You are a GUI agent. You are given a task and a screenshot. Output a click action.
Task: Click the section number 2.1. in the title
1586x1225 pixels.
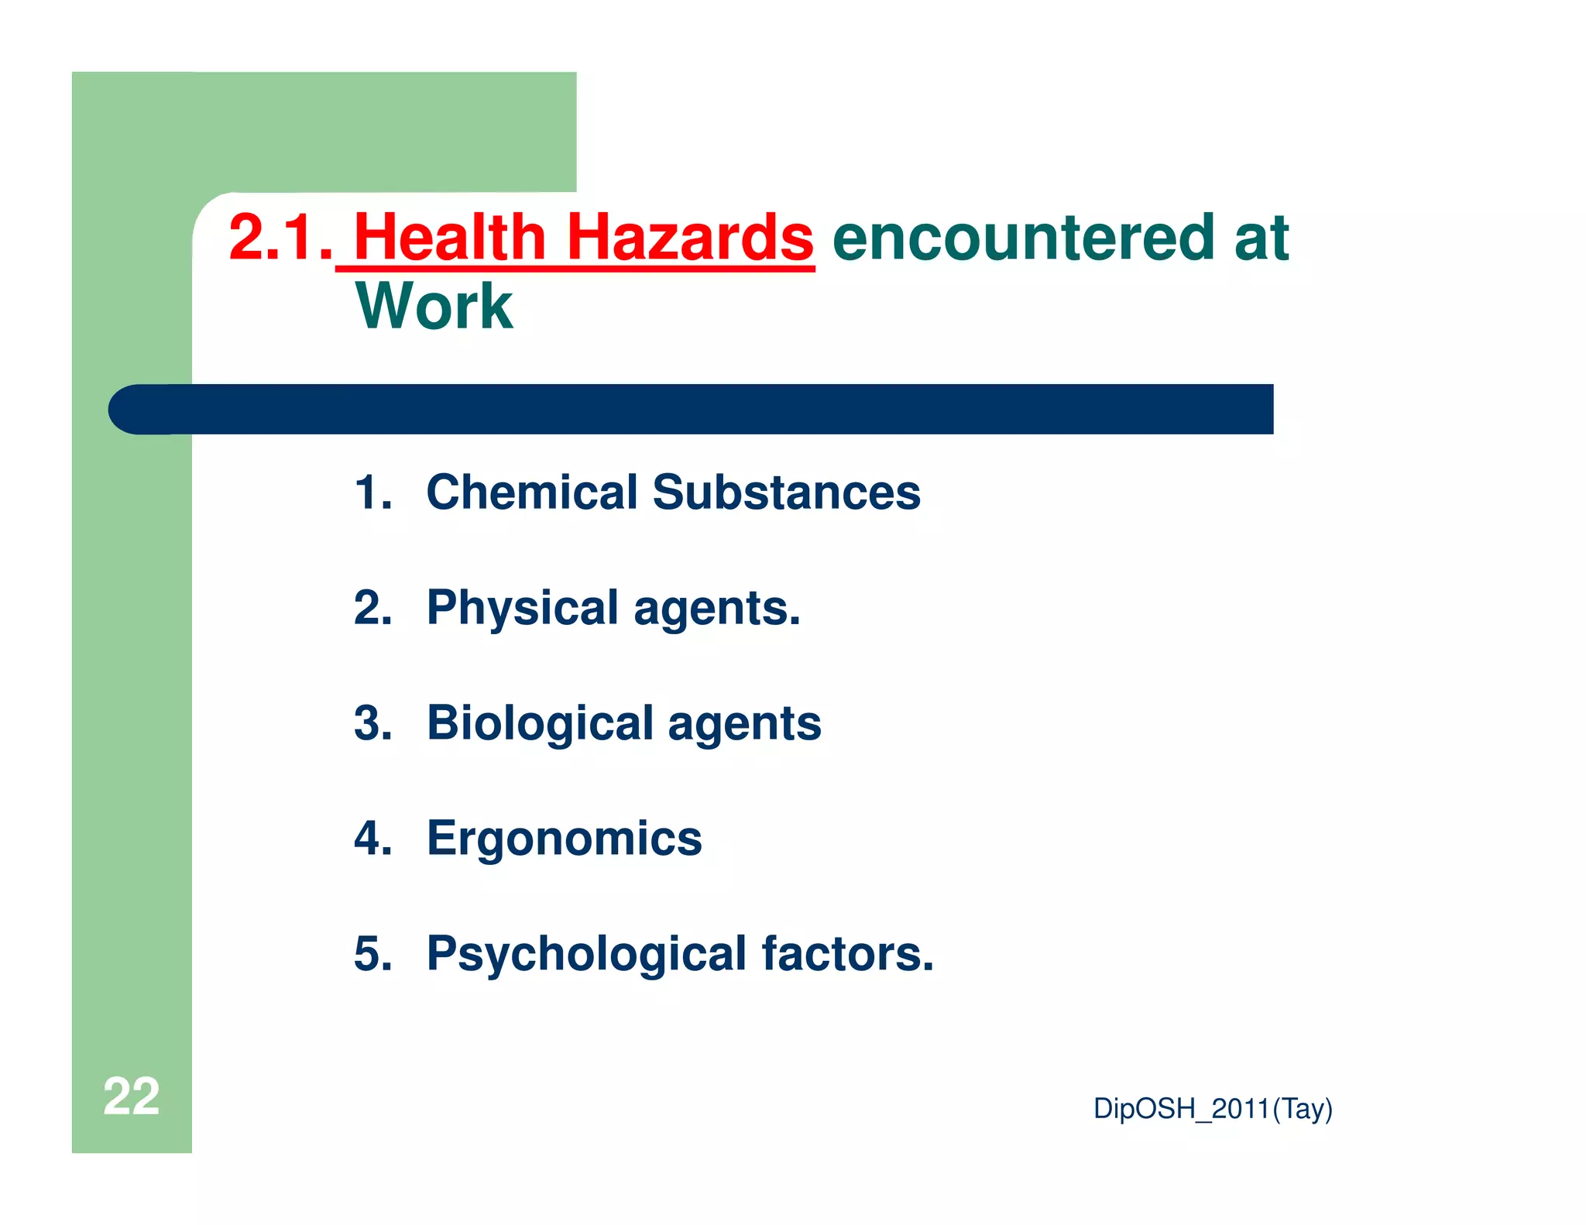280,237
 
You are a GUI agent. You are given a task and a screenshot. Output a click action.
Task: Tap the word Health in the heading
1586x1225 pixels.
450,237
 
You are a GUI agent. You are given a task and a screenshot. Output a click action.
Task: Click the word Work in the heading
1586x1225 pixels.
434,307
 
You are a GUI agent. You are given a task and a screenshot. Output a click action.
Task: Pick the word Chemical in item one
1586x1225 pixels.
532,492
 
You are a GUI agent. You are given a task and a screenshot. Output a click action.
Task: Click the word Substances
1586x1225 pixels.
786,492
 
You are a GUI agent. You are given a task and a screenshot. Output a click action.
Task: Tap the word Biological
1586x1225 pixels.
540,723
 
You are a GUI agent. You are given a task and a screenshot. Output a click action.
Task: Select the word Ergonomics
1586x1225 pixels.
564,839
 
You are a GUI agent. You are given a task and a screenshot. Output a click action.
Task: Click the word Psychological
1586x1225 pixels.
586,954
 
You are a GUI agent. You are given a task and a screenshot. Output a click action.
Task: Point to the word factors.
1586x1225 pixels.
847,954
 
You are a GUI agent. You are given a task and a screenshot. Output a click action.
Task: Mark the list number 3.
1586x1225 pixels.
372,723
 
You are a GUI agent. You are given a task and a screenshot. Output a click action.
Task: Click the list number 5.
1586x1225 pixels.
372,954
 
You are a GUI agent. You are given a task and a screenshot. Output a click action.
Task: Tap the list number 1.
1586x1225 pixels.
372,492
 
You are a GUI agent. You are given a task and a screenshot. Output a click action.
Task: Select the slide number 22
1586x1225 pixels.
131,1096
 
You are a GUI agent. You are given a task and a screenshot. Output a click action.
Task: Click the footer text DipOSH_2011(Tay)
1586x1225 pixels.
1212,1109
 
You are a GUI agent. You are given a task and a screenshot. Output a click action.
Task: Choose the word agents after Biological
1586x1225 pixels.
743,725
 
